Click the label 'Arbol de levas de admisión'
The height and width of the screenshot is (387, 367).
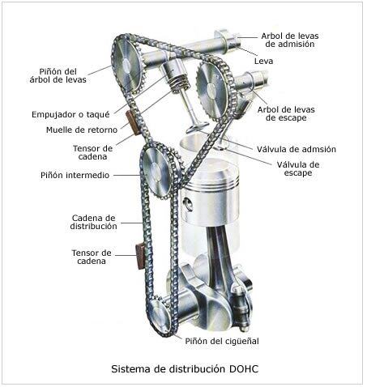[x=290, y=40]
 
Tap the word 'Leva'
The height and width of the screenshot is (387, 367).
[x=263, y=61]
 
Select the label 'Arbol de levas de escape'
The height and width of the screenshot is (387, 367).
[x=286, y=113]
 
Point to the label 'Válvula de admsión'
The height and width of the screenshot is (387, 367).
[x=297, y=149]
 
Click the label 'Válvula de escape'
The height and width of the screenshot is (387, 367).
[x=298, y=168]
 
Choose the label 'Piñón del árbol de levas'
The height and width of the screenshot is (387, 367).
[x=58, y=75]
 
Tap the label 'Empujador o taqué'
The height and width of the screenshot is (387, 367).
[x=70, y=114]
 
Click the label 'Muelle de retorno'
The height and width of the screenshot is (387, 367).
[x=82, y=130]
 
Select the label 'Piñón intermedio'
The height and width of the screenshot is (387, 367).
[x=75, y=175]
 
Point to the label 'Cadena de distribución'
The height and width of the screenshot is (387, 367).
[x=93, y=222]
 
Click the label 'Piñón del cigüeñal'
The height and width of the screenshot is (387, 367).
[x=222, y=341]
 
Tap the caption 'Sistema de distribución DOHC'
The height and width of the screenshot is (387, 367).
[x=185, y=368]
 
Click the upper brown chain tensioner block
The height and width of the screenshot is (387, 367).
[x=132, y=122]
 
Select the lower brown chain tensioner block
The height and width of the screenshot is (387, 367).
[x=140, y=256]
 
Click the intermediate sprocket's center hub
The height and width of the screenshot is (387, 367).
[x=156, y=171]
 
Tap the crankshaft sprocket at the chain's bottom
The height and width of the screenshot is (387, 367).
[x=160, y=317]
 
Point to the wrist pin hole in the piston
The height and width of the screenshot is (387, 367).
[x=188, y=204]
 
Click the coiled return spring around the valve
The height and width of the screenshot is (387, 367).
[x=179, y=82]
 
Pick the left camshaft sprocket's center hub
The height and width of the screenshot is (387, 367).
[x=126, y=65]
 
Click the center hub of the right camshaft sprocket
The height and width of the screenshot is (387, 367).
[x=211, y=90]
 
